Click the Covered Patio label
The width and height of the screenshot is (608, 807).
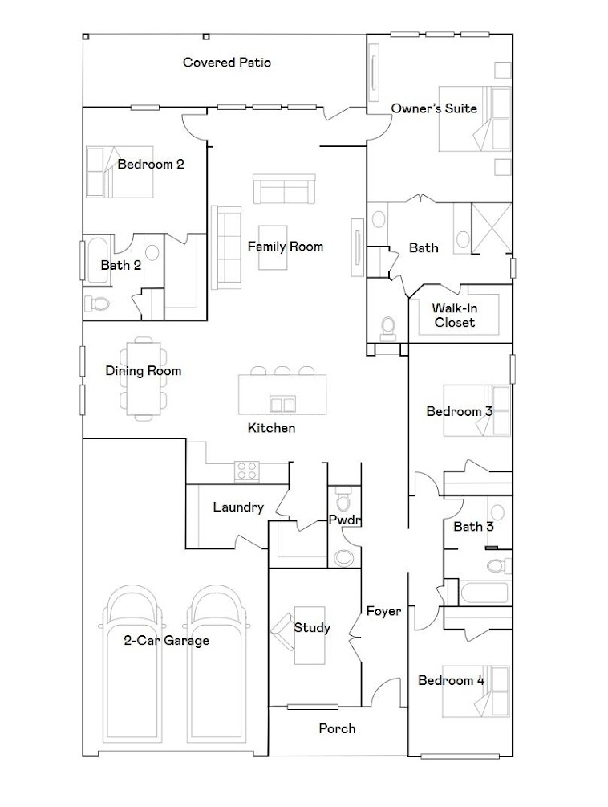point(227,63)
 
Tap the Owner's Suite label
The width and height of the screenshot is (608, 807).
point(434,108)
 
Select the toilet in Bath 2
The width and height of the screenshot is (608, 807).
point(97,304)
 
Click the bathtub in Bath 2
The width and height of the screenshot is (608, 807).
point(97,259)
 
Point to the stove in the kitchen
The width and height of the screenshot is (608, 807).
point(247,471)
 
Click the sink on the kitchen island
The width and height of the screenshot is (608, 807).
point(282,404)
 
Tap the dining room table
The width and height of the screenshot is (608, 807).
point(144,378)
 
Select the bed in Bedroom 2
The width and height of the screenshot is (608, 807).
point(120,172)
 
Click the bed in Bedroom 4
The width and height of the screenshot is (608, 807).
point(476,691)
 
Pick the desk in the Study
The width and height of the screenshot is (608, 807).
point(310,636)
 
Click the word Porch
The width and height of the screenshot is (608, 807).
point(337,729)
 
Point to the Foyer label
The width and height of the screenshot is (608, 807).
point(384,611)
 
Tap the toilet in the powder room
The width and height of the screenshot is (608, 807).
point(343,499)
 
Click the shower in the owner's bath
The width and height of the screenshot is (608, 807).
point(492,228)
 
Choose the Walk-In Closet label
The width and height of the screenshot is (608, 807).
point(455,316)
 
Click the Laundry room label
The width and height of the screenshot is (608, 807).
point(238,507)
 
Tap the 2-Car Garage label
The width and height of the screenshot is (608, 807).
point(167,641)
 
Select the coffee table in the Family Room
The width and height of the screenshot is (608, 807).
point(273,247)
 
